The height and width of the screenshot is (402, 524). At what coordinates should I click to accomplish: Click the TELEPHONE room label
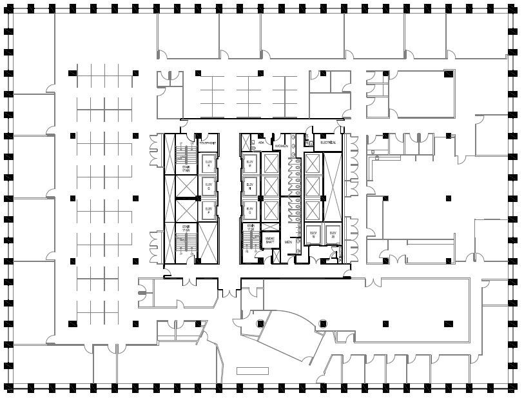(x=207, y=142)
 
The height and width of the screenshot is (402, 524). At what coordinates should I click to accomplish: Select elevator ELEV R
(x=208, y=163)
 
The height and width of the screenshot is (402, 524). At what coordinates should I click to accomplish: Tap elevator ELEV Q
(x=208, y=186)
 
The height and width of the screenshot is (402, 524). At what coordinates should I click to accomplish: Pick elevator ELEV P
(x=208, y=208)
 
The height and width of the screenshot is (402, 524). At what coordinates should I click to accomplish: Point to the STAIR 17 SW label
(x=186, y=228)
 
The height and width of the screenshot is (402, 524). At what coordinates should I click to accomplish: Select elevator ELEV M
(x=249, y=163)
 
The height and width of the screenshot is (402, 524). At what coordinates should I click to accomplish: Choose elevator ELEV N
(x=249, y=186)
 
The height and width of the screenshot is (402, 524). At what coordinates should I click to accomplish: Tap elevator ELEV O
(x=249, y=209)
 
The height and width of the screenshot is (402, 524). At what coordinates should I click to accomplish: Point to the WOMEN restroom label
(x=282, y=146)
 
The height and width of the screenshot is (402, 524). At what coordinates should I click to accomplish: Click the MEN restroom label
(x=288, y=243)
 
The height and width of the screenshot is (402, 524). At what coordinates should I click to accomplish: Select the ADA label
(x=261, y=142)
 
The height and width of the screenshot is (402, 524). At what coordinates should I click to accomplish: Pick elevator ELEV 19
(x=314, y=234)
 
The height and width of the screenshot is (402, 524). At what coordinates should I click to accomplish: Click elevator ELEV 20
(x=333, y=234)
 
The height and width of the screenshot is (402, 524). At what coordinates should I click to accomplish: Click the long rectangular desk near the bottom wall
(x=252, y=370)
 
